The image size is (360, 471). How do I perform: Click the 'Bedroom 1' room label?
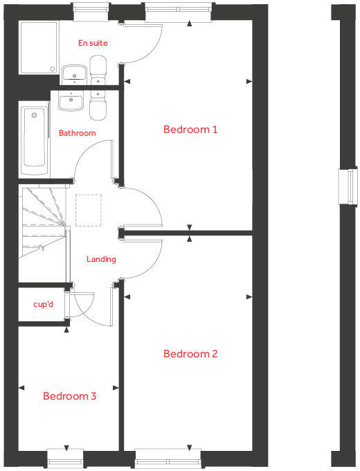tap(190, 130)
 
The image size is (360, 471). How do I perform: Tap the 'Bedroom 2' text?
tap(190, 354)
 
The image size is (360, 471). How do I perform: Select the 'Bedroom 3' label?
tap(69, 396)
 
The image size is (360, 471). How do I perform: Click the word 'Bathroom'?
tap(77, 133)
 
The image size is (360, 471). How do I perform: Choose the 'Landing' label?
tap(101, 259)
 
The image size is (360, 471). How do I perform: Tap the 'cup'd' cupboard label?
tap(43, 304)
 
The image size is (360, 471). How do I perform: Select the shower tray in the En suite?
tap(39, 47)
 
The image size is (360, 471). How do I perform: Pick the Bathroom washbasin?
tap(71, 103)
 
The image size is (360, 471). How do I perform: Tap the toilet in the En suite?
tap(99, 70)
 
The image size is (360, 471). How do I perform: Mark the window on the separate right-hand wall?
tap(345, 187)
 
